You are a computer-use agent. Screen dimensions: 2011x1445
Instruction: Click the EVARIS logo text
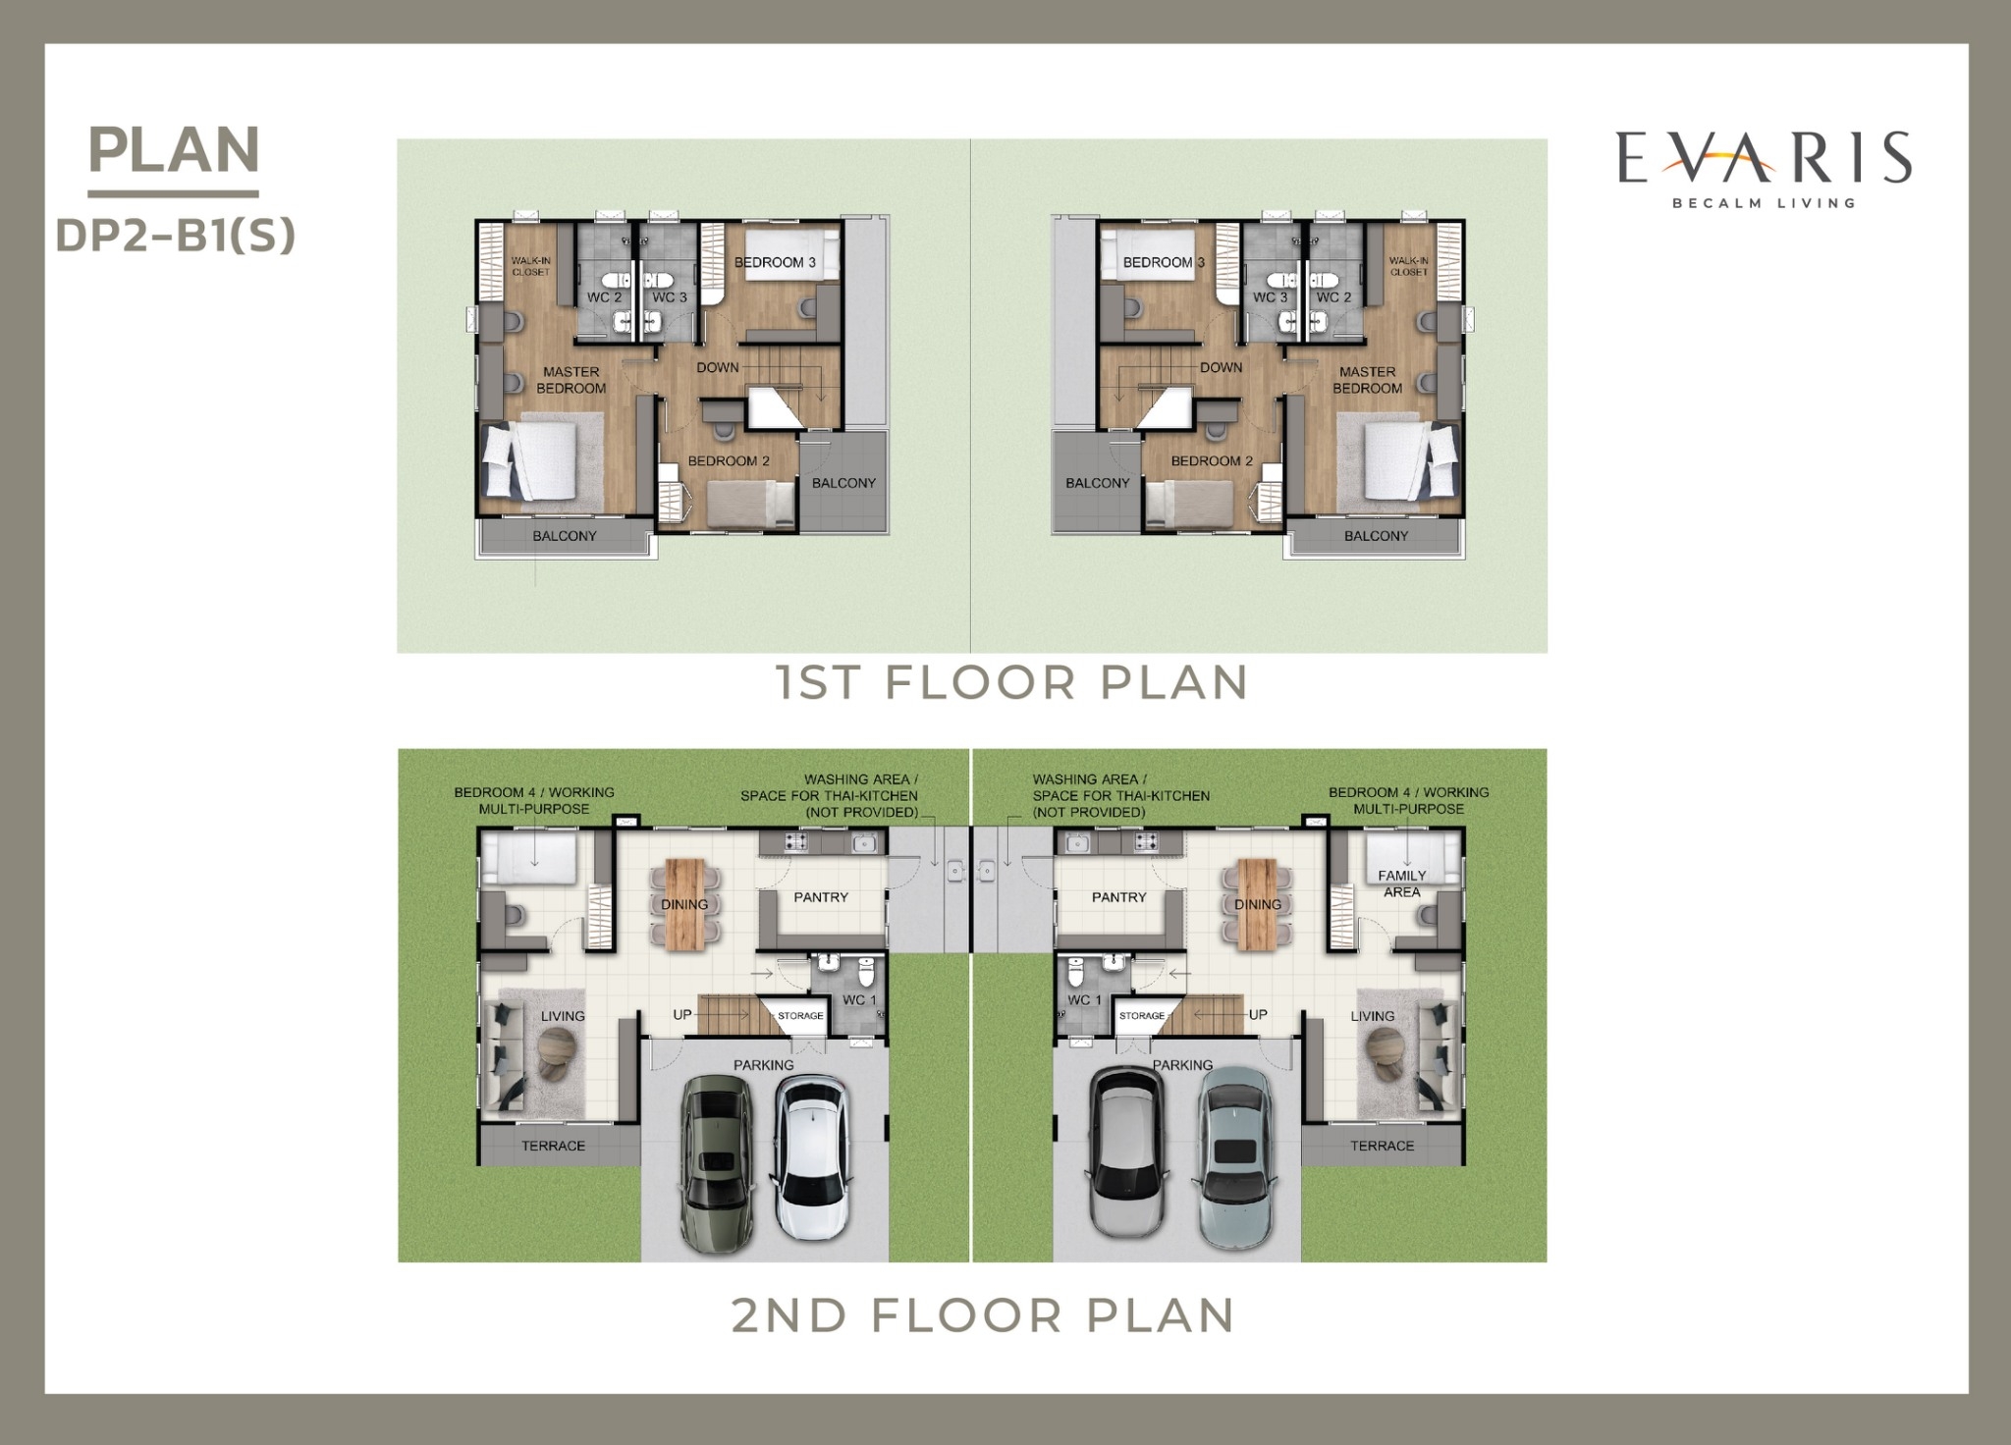click(1764, 159)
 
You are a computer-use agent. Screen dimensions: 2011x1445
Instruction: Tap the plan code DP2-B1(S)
click(175, 236)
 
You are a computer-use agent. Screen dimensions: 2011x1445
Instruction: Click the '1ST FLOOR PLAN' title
click(1012, 682)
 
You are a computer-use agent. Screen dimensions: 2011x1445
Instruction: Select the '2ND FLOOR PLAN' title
click(983, 1315)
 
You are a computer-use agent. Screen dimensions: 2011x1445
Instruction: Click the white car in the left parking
click(811, 1158)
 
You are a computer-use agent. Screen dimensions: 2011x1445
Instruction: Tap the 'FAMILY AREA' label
click(1402, 883)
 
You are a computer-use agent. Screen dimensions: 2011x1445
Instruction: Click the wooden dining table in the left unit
click(684, 905)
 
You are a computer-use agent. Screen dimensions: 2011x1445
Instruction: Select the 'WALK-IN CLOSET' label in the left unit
click(530, 266)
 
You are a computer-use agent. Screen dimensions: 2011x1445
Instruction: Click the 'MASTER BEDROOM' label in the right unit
click(1367, 380)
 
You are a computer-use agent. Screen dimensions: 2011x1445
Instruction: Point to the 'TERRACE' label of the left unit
click(553, 1146)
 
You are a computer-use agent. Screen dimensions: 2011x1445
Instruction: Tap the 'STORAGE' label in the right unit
click(1142, 1016)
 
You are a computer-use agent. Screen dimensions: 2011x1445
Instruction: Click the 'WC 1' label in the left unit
click(859, 1000)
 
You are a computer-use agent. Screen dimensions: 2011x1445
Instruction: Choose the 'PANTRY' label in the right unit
click(1118, 897)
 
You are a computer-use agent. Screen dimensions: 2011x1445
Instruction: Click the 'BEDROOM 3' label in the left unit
click(775, 262)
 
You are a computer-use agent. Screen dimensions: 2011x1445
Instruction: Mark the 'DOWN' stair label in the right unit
click(1221, 367)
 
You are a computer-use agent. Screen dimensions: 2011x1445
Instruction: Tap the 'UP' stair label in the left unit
click(682, 1014)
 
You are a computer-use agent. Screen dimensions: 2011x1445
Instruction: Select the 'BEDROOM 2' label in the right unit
click(1212, 460)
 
